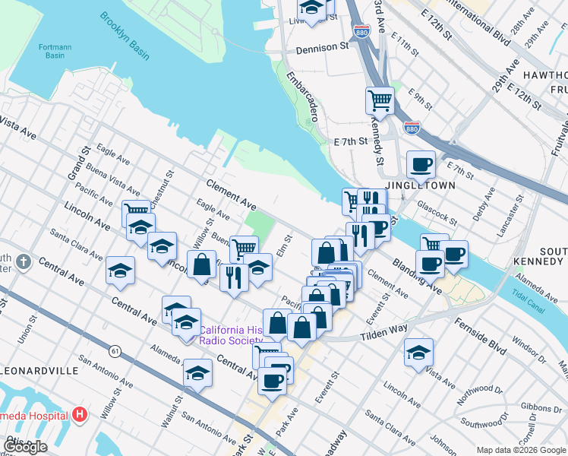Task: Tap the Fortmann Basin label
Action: point(55,51)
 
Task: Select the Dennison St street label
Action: point(322,47)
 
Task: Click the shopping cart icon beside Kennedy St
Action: point(380,100)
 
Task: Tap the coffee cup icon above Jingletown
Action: point(420,164)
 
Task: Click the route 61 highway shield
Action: point(115,351)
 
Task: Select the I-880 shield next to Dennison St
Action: point(361,31)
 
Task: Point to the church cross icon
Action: point(24,262)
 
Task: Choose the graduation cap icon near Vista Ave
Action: point(418,353)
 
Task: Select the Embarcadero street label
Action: point(301,97)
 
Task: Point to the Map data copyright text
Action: point(521,450)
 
